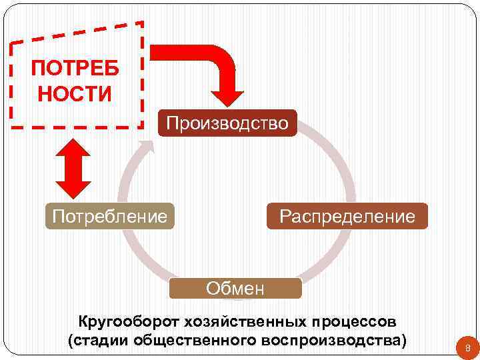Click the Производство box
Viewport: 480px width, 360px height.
(227, 123)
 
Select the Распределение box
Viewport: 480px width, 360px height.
(347, 216)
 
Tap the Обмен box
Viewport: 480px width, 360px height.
(235, 288)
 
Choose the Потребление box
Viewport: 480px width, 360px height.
(109, 216)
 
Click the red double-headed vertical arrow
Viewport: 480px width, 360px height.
(73, 165)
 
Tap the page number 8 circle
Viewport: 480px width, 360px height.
(467, 347)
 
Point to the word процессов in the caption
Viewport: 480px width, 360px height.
(353, 322)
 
